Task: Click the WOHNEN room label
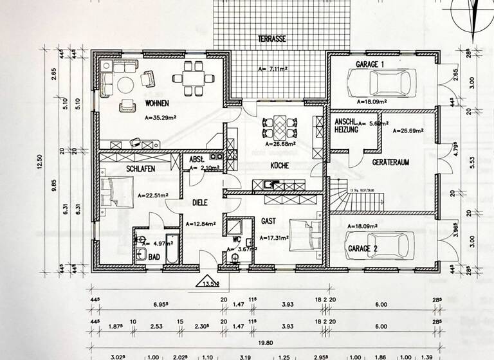click(158, 103)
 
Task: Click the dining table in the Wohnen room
click(192, 76)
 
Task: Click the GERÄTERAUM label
click(391, 163)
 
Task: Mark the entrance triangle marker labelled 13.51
click(211, 280)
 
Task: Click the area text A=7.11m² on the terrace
click(272, 67)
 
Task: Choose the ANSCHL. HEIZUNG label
click(346, 125)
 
